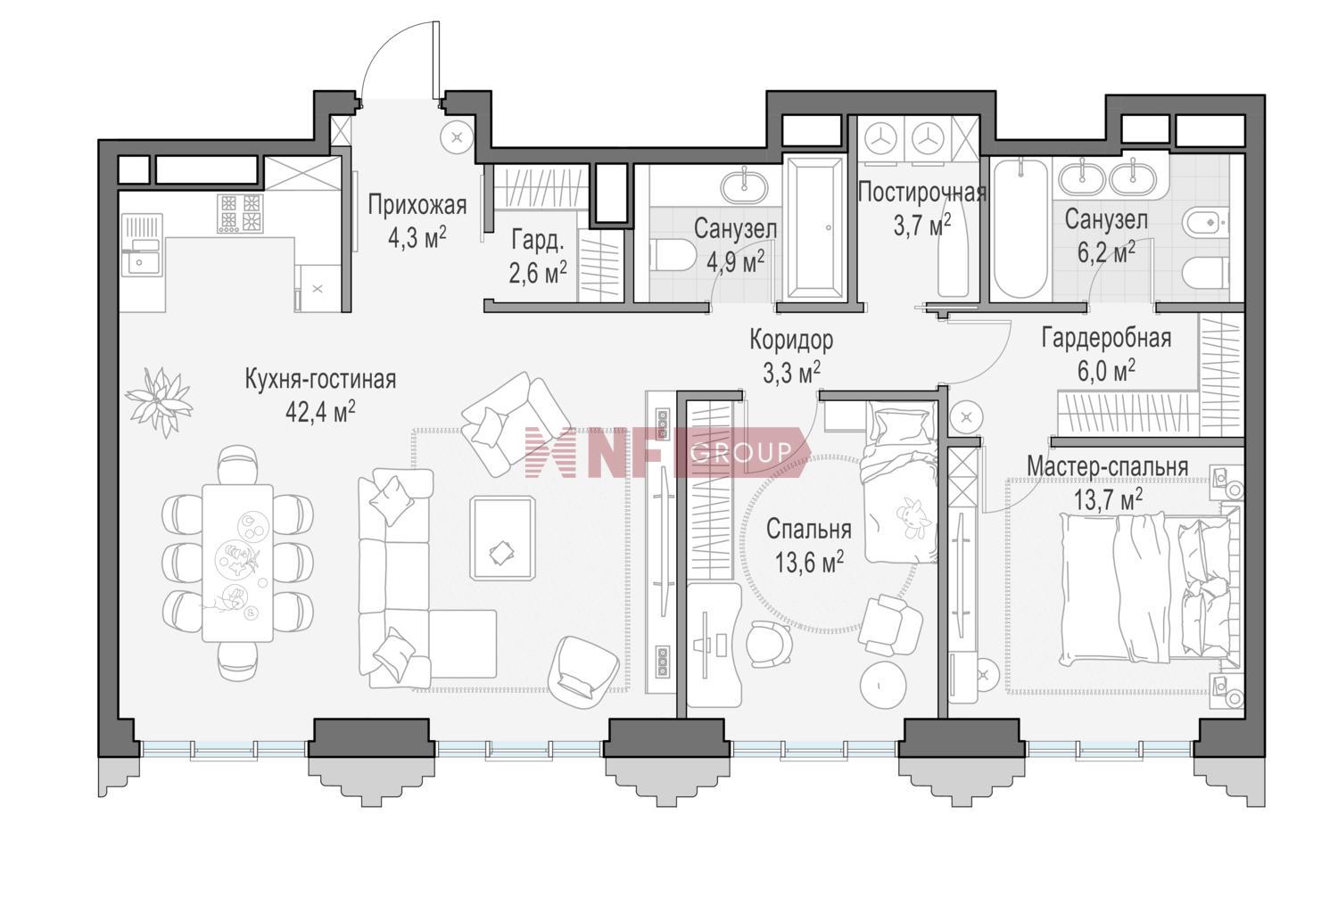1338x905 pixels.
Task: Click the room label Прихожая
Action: (x=417, y=205)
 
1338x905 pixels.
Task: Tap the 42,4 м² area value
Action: (x=321, y=411)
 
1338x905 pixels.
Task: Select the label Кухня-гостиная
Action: (x=321, y=379)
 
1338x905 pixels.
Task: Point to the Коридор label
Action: (x=791, y=340)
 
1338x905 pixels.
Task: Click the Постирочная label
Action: (x=921, y=193)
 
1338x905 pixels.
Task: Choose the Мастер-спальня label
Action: (x=1108, y=467)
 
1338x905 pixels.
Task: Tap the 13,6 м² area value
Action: (x=809, y=562)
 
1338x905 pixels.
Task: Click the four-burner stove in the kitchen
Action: (x=240, y=213)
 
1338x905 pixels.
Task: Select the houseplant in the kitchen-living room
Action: (x=158, y=400)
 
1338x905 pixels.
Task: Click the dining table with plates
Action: (x=238, y=563)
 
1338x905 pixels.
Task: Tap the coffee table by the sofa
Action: (x=502, y=538)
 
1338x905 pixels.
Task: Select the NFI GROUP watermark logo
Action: (x=667, y=452)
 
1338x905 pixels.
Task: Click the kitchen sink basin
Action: (x=142, y=263)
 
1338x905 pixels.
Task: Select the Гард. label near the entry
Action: (x=537, y=241)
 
